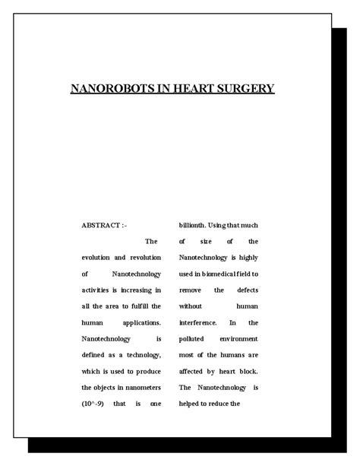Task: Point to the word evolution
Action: pyautogui.click(x=98, y=258)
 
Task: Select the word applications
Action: pyautogui.click(x=140, y=322)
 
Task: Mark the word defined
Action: pyautogui.click(x=96, y=355)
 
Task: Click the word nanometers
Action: pyautogui.click(x=139, y=387)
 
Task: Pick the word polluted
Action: pyautogui.click(x=194, y=339)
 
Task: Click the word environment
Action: pyautogui.click(x=237, y=339)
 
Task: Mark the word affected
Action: pyautogui.click(x=195, y=371)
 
